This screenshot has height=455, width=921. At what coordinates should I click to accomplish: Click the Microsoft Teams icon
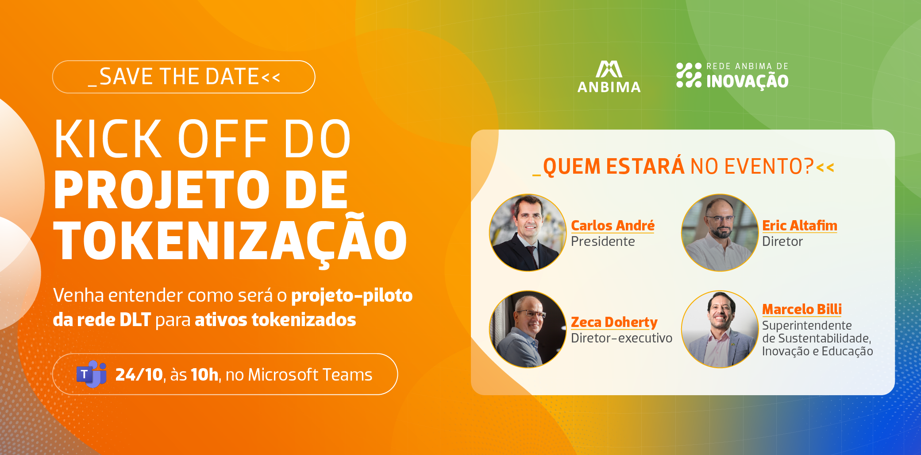(92, 374)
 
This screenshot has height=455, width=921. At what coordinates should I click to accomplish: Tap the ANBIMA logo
(609, 77)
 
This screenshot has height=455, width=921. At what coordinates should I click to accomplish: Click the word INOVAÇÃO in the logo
(748, 81)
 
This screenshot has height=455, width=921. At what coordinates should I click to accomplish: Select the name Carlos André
(613, 226)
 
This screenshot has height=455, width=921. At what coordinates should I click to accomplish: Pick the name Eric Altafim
(800, 226)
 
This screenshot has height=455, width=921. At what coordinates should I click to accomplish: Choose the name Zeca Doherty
(614, 322)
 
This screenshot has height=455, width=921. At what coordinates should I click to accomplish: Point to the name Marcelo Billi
(802, 309)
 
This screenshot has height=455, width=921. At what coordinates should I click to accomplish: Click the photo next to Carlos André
(528, 233)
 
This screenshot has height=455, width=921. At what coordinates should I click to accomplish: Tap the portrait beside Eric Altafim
(720, 233)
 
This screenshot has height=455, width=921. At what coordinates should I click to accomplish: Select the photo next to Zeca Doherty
(528, 329)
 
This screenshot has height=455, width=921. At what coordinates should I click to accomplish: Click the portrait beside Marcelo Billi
(720, 329)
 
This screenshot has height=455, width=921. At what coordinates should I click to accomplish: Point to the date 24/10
(139, 375)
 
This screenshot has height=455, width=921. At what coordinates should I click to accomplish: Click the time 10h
(204, 375)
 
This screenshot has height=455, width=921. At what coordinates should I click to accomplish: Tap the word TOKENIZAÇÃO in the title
(230, 240)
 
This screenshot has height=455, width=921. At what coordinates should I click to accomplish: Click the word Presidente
(603, 241)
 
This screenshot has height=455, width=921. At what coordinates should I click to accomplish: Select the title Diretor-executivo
(621, 338)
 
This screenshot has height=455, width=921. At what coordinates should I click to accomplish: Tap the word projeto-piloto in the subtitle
(352, 296)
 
